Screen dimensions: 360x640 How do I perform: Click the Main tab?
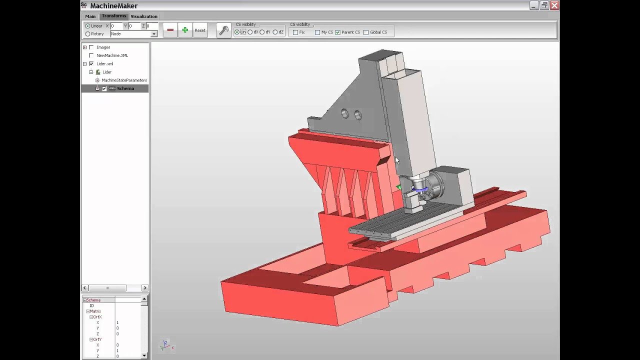(90, 16)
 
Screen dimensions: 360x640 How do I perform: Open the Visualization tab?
(144, 16)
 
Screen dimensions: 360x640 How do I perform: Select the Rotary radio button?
(88, 34)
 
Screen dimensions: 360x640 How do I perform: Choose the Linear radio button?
(88, 26)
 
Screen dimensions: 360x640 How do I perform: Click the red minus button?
(170, 30)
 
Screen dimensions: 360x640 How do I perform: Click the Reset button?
(200, 30)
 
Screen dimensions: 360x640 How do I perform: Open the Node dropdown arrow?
(153, 34)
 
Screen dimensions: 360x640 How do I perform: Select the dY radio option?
(262, 32)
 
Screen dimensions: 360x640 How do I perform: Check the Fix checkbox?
(295, 32)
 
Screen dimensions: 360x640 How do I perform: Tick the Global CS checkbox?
(366, 32)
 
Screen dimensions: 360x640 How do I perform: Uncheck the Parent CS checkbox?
(338, 32)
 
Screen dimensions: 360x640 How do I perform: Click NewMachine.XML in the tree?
(112, 55)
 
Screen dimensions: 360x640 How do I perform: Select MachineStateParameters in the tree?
(124, 80)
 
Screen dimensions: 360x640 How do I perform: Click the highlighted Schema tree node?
(125, 88)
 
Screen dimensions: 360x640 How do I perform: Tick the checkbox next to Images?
(91, 47)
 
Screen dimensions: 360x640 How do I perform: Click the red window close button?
(554, 5)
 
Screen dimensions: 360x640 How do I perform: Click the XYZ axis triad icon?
(164, 344)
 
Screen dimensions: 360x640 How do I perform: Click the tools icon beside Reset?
(223, 30)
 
